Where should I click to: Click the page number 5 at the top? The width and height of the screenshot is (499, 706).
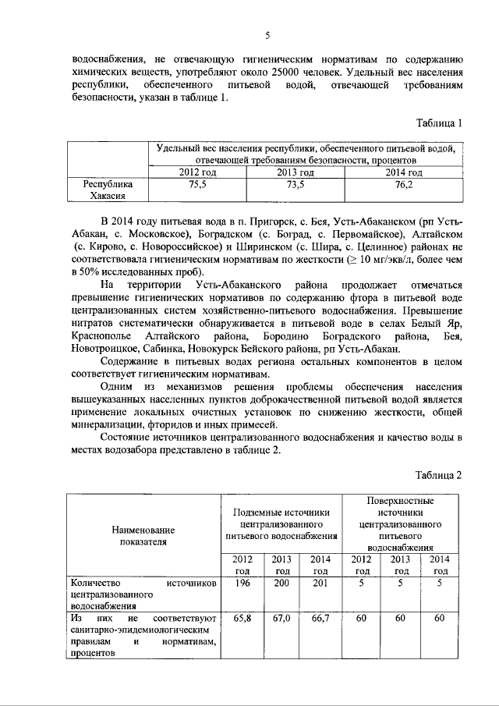267,36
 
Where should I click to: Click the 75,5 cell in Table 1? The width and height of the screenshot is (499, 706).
198,185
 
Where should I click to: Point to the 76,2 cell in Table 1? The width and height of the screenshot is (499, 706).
404,185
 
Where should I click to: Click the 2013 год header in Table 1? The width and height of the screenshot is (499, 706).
296,172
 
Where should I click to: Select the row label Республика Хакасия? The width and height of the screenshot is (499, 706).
108,191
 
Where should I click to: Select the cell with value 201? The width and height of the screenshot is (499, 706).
320,581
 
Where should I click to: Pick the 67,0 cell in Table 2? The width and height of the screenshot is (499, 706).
281,617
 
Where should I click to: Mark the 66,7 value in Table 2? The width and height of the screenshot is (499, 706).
320,617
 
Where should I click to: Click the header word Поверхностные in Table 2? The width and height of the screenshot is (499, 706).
401,500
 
